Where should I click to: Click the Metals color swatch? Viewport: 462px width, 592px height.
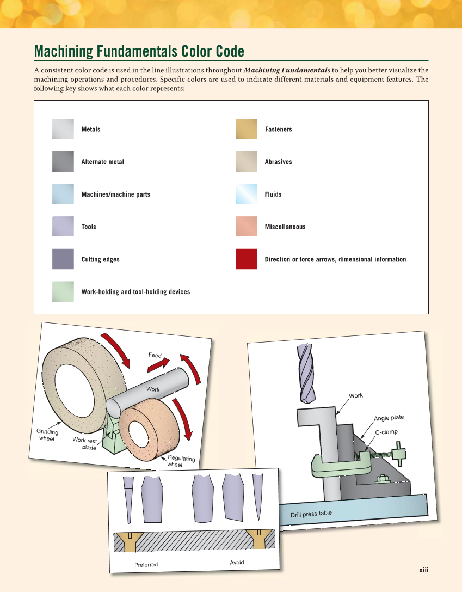pos(63,129)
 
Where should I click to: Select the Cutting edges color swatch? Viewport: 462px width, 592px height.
pos(63,259)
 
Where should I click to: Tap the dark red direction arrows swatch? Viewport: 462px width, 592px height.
pos(246,259)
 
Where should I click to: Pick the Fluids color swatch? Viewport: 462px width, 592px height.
pos(246,194)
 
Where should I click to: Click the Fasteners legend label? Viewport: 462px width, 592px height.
pos(278,129)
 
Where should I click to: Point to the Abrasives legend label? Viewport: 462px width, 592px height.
pos(278,162)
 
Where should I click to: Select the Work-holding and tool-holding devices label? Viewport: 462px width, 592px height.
pos(135,292)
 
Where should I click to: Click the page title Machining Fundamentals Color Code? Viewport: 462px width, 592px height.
pos(139,52)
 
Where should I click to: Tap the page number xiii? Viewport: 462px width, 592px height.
pos(423,570)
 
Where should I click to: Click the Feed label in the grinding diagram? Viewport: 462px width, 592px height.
pos(155,355)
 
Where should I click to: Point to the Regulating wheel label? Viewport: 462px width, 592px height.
pos(180,461)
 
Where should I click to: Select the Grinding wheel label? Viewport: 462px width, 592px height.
pos(47,435)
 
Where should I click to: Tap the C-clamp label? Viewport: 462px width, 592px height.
pos(386,432)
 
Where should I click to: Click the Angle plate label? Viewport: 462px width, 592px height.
pos(389,418)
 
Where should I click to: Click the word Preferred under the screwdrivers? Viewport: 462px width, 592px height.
pos(146,565)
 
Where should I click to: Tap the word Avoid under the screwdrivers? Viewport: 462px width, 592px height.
pos(237,562)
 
